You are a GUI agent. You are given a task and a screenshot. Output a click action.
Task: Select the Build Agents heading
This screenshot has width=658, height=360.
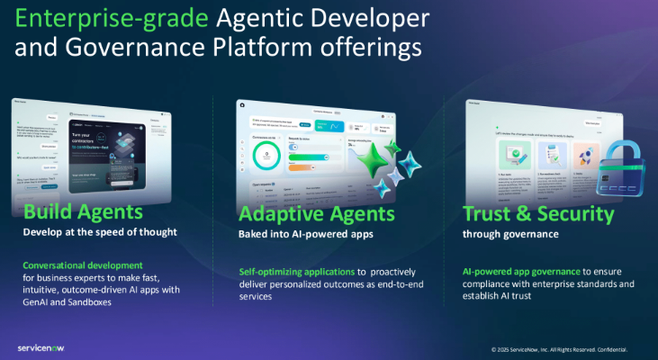tap(83, 213)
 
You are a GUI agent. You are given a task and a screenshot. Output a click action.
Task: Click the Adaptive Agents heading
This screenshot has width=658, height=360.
tap(316, 214)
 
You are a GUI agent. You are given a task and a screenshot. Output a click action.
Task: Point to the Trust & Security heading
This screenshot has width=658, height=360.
tap(537, 214)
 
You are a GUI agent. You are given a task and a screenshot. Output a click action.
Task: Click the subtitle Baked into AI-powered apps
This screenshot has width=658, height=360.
tap(304, 235)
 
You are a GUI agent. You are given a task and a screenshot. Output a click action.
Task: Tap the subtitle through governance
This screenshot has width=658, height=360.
tap(510, 235)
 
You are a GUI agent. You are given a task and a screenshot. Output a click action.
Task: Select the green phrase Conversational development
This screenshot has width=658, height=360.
tap(83, 265)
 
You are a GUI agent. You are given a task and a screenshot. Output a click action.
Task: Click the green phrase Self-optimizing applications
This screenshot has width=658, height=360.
tap(296, 271)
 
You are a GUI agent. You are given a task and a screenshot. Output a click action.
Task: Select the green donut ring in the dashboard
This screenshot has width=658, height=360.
tap(268, 154)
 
